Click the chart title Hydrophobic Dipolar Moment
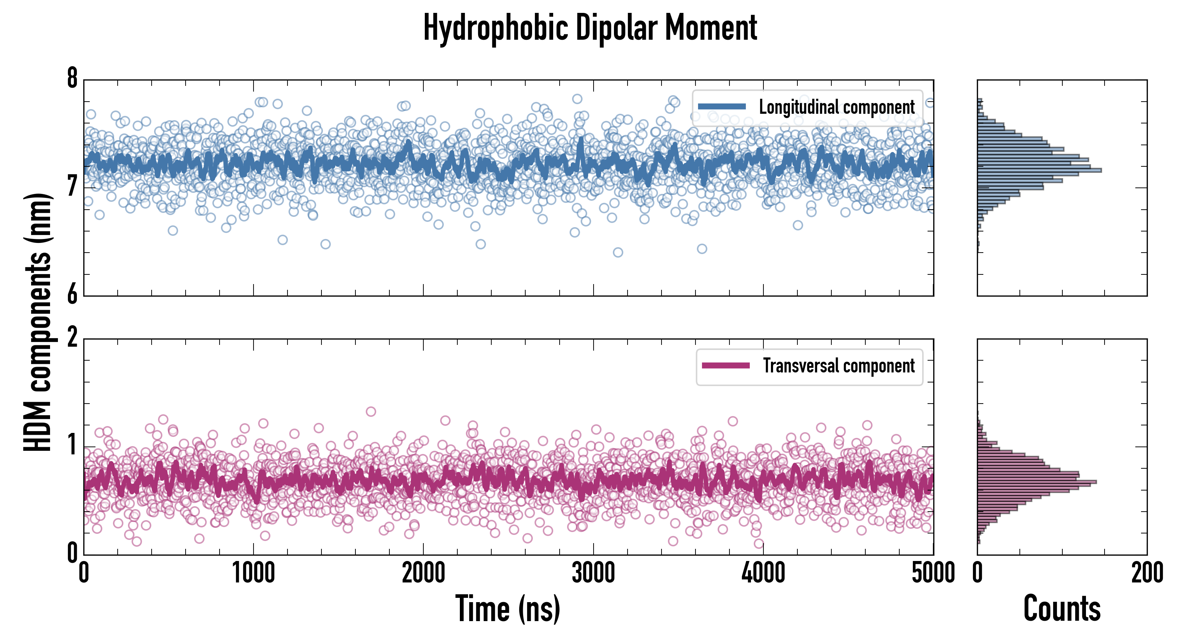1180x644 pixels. click(590, 28)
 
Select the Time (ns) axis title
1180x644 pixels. click(507, 609)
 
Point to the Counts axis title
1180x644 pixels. click(1062, 609)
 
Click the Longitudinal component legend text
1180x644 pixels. click(836, 107)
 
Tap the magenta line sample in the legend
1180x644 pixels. click(726, 366)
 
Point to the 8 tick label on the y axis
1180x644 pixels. click(72, 79)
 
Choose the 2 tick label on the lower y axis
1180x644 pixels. click(72, 338)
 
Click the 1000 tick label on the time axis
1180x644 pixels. click(253, 573)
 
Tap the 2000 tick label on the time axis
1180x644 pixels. click(423, 573)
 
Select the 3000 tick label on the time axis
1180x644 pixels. click(593, 573)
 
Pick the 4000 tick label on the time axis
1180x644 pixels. click(763, 573)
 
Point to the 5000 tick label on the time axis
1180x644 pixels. click(933, 573)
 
